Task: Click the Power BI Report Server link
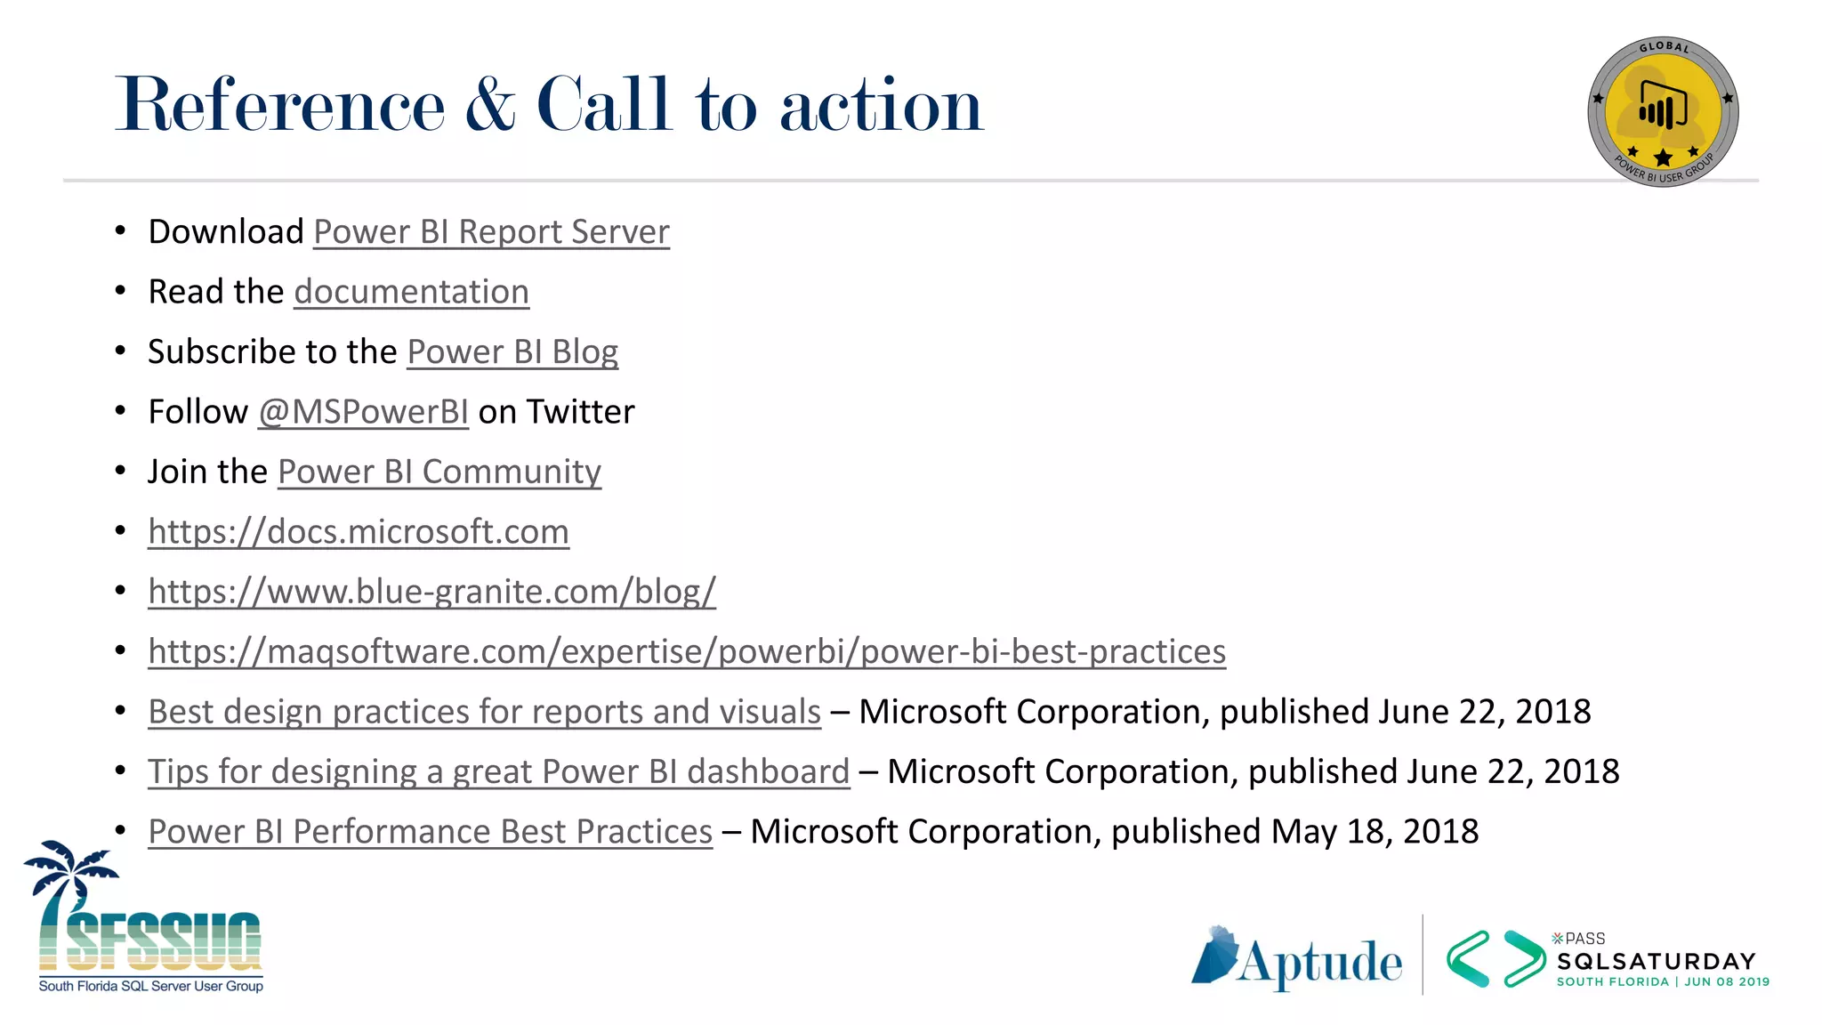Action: coord(491,232)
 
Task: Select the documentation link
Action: coord(411,292)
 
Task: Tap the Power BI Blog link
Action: coord(512,352)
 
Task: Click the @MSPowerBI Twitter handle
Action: coord(363,412)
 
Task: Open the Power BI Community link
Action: coord(439,472)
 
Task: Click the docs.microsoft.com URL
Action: coord(359,532)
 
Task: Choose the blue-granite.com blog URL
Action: coord(431,592)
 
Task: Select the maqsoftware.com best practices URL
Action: coord(687,652)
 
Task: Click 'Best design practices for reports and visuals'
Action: coord(484,712)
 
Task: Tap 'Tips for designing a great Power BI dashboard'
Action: coord(498,771)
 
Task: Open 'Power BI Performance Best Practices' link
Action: coord(430,832)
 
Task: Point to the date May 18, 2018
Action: coord(1375,832)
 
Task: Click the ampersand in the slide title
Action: coord(489,105)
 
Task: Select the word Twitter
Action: coord(580,412)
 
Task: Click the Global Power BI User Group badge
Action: coord(1663,112)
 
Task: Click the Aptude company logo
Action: coord(1297,960)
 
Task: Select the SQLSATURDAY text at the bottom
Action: coord(1656,962)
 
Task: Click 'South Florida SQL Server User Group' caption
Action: coord(150,986)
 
